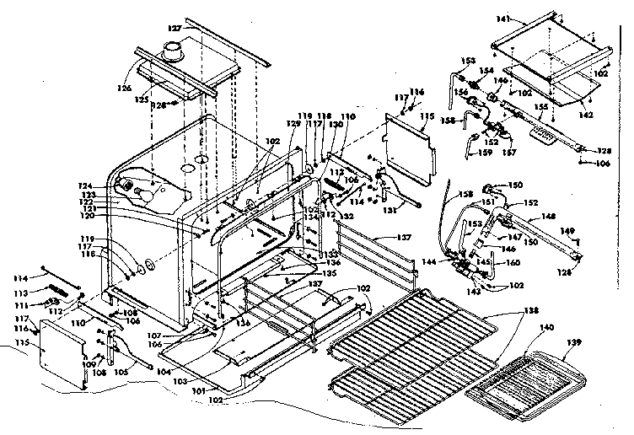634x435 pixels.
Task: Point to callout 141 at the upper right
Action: (504, 18)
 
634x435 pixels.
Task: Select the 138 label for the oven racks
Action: (506, 311)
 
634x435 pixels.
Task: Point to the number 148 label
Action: (548, 216)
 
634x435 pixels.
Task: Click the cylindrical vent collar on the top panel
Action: (175, 54)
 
